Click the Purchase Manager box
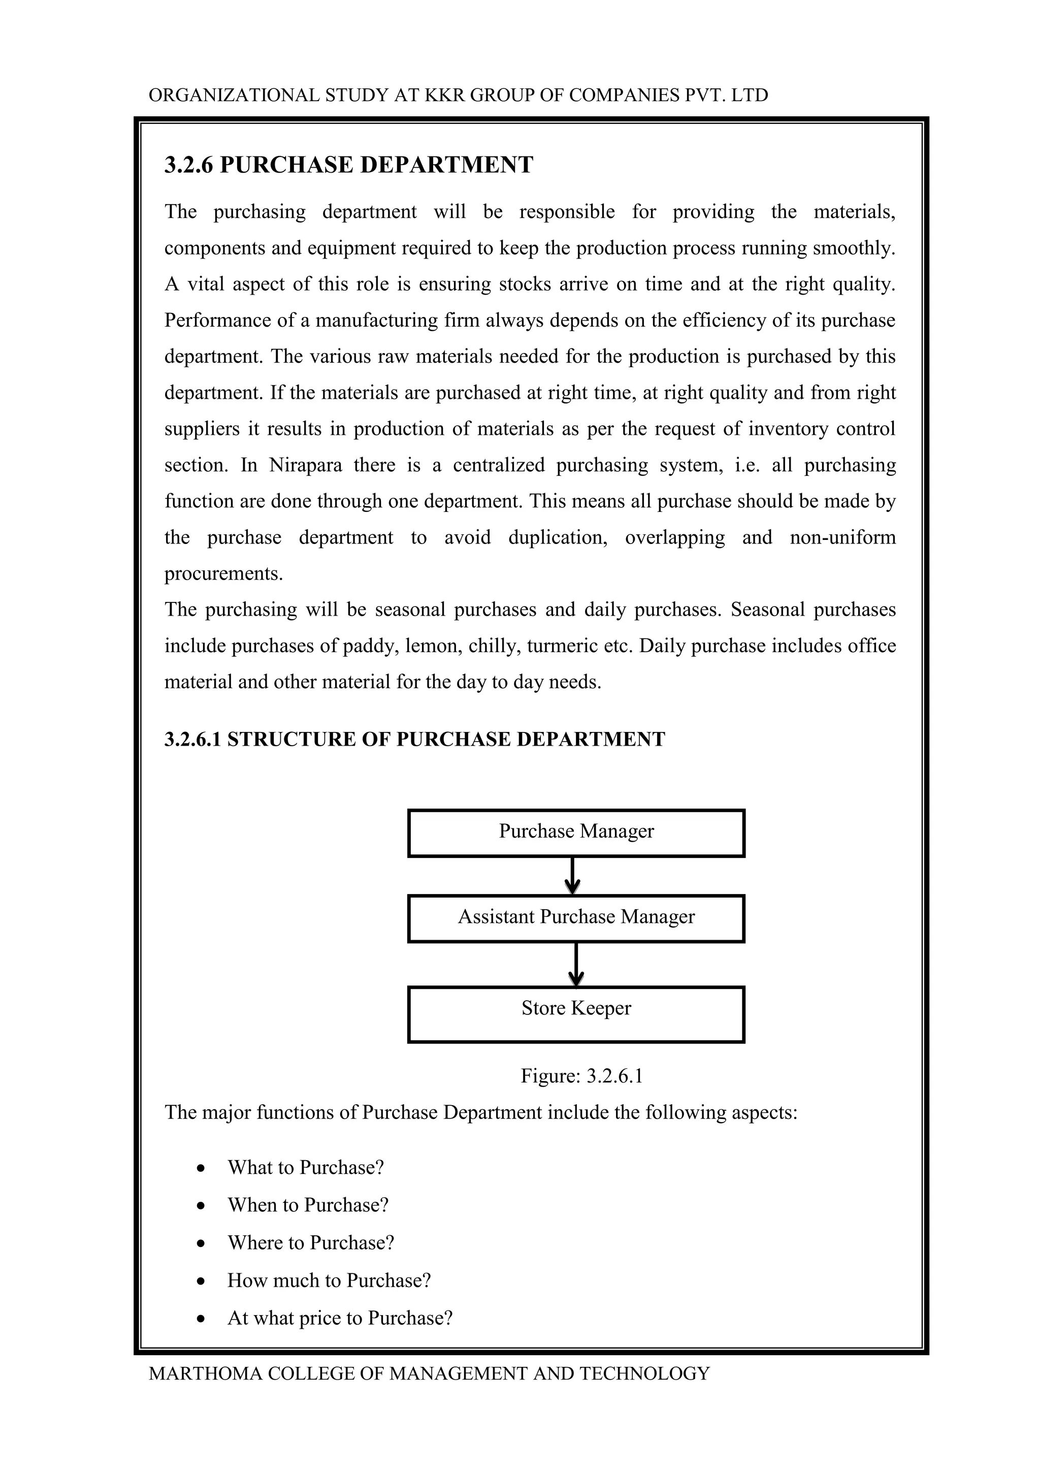[576, 833]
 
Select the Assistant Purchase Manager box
[576, 918]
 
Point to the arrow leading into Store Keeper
[576, 964]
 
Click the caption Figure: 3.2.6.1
[581, 1076]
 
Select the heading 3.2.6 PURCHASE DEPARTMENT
[348, 165]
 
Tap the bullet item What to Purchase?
[306, 1167]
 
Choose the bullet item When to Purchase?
[308, 1205]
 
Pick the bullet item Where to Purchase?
[311, 1243]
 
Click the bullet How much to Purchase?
[329, 1281]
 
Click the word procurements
[223, 573]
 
